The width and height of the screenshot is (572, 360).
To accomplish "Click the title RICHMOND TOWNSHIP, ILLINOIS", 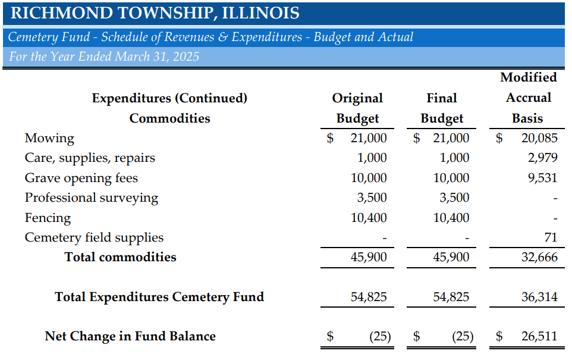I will (x=155, y=13).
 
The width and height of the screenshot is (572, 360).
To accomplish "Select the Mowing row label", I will (x=49, y=139).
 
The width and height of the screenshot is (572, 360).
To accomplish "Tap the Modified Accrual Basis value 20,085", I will (x=539, y=139).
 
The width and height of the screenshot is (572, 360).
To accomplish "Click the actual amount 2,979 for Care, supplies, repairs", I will (x=542, y=158).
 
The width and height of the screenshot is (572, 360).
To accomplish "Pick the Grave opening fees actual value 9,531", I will (x=542, y=178).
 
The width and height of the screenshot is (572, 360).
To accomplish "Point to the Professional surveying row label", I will (x=91, y=198).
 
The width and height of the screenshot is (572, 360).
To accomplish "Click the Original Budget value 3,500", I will (x=373, y=198).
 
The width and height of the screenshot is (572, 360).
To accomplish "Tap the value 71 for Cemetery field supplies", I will (x=551, y=237).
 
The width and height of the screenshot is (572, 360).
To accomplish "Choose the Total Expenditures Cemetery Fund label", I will (x=159, y=296).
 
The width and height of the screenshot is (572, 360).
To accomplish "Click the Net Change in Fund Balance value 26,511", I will (x=539, y=336).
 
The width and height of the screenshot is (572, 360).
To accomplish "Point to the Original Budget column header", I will (x=357, y=108).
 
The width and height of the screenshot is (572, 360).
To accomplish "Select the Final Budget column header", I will (x=442, y=108).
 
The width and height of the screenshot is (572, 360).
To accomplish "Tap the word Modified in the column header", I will (x=529, y=77).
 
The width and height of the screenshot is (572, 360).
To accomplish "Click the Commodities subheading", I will (x=169, y=118).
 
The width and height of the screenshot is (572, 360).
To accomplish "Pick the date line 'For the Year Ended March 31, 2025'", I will (x=104, y=57).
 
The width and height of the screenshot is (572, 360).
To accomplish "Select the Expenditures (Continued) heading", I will (x=169, y=98).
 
